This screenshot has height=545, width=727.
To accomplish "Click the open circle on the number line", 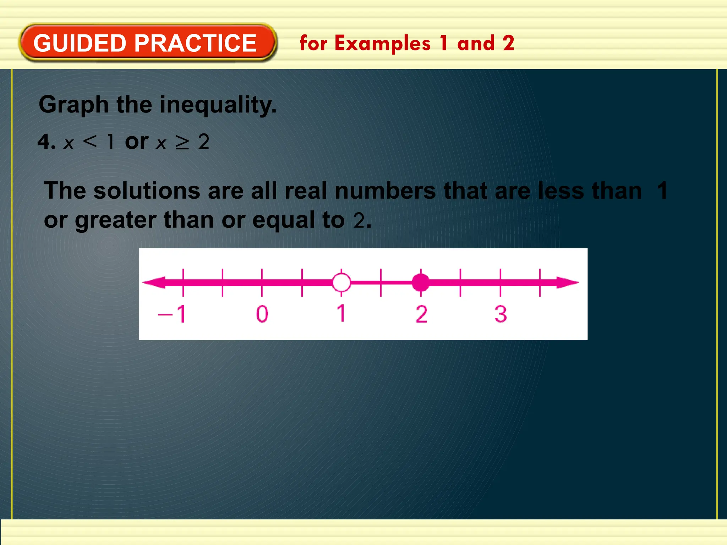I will pos(341,282).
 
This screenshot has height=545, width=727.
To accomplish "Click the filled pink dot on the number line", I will pos(421,282).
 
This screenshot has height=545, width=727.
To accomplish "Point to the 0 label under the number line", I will pos(262,314).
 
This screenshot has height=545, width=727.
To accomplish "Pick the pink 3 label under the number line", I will pos(501,314).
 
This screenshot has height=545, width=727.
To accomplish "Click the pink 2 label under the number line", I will pos(421,314).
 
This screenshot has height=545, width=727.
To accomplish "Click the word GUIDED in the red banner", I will pos(80,43).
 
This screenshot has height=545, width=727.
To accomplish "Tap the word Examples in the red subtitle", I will pos(382,43).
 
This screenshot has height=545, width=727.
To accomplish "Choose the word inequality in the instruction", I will pos(218,105).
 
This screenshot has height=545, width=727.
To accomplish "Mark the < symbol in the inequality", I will pos(89,142).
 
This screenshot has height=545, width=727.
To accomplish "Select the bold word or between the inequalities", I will pos(137,142).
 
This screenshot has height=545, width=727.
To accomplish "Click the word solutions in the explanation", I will pos(147,191).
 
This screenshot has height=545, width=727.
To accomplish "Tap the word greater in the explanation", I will pos(115,220).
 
